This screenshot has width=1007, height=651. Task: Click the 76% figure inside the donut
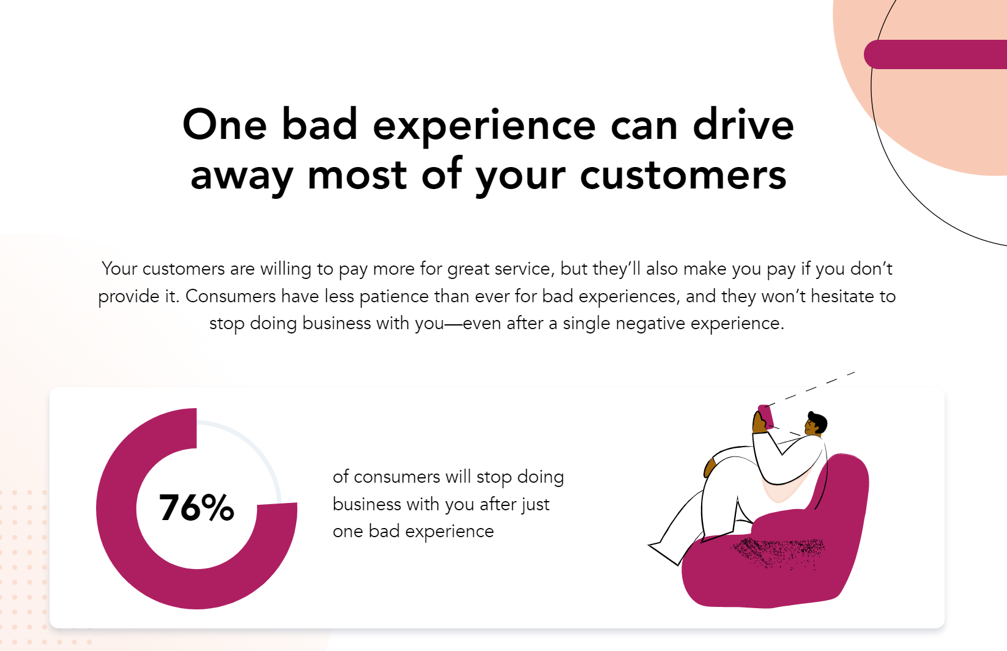point(196,508)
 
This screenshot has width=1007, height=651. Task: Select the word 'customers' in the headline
point(683,175)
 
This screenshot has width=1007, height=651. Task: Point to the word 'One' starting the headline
point(225,125)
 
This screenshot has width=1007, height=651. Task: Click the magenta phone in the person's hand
point(766,416)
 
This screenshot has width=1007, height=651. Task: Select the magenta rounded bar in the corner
point(935,54)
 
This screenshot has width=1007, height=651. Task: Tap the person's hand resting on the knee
point(710,467)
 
